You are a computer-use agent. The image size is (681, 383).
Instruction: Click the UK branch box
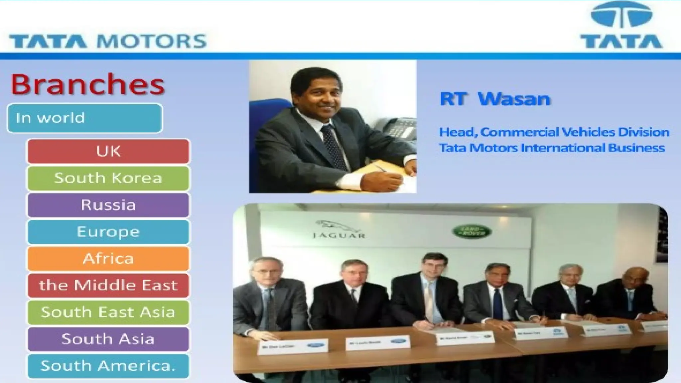[x=108, y=152]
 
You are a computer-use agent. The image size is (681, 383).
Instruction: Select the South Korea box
[x=108, y=178]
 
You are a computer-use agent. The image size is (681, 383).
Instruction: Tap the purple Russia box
[x=108, y=205]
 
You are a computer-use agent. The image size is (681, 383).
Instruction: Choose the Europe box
[x=108, y=232]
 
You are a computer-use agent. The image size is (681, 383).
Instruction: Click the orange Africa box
[x=108, y=259]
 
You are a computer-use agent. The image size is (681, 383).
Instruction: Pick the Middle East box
[x=108, y=286]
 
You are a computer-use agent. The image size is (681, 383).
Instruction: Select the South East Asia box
[x=108, y=312]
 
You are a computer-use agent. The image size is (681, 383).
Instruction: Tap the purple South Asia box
[x=108, y=339]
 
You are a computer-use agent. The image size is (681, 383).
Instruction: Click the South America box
[x=108, y=366]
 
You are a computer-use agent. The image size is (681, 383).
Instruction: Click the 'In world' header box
[x=84, y=118]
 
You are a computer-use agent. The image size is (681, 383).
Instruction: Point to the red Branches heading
[x=87, y=84]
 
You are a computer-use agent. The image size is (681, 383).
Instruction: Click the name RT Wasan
[x=495, y=99]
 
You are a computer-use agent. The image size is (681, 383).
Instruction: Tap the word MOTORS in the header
[x=151, y=42]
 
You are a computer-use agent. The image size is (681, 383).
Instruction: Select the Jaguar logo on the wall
[x=339, y=229]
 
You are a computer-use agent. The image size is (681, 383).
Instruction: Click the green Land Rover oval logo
[x=472, y=231]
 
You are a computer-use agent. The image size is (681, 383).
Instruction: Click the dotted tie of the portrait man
[x=335, y=146]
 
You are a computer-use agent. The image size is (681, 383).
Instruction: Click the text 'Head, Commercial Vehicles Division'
[x=554, y=132]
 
